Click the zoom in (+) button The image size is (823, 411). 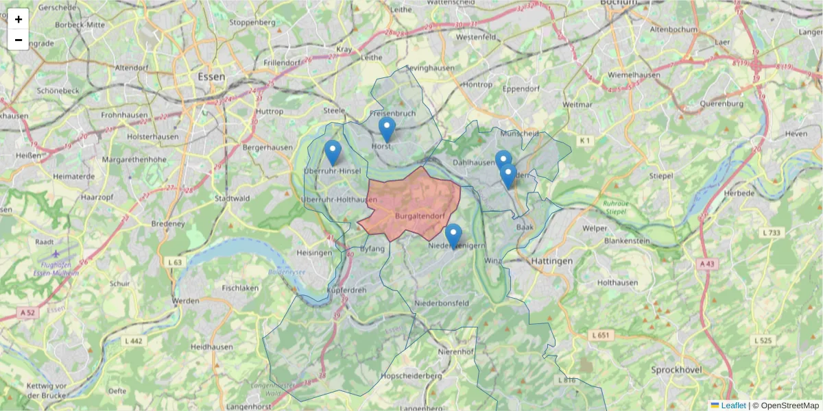pyautogui.click(x=19, y=19)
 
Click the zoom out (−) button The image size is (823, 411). pyautogui.click(x=19, y=40)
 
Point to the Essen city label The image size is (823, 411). pyautogui.click(x=211, y=77)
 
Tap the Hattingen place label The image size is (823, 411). pyautogui.click(x=551, y=261)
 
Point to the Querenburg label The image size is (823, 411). pyautogui.click(x=721, y=104)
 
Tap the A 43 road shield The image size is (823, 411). pyautogui.click(x=708, y=263)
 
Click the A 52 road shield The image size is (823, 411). pyautogui.click(x=27, y=312)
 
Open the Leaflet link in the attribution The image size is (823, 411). pyautogui.click(x=733, y=406)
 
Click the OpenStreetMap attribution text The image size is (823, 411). pyautogui.click(x=789, y=406)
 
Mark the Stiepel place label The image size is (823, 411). pyautogui.click(x=662, y=175)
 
